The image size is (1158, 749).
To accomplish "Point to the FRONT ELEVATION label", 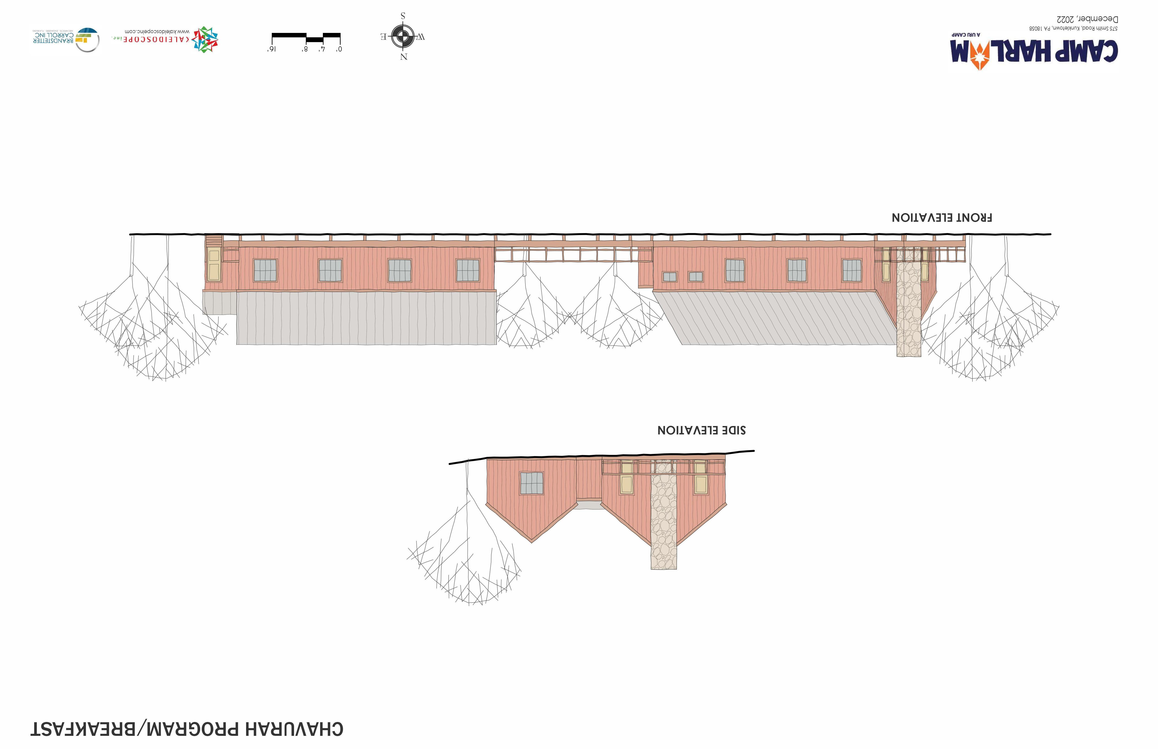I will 941,217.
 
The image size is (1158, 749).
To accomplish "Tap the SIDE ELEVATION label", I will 701,430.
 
